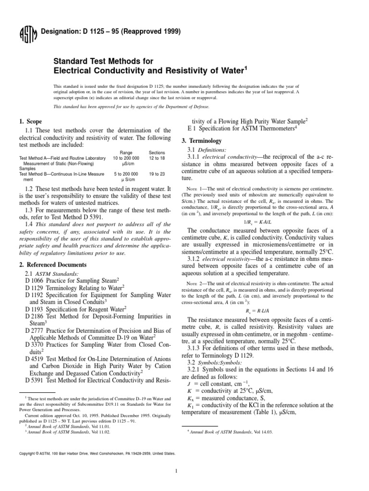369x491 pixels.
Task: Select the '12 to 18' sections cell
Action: [157, 158]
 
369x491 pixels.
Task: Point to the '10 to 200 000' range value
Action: [126, 158]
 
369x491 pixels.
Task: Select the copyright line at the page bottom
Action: [97, 453]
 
